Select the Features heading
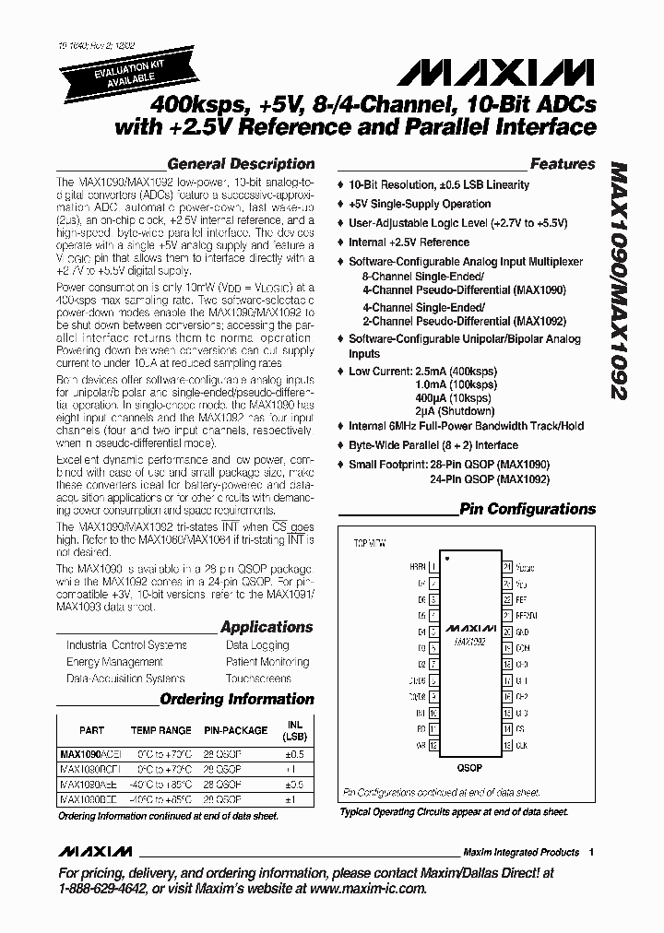tap(563, 164)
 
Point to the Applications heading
tap(267, 627)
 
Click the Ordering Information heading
tap(237, 699)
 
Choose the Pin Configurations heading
tap(528, 509)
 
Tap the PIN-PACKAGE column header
tap(236, 730)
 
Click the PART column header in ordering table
tap(92, 730)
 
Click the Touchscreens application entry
tap(258, 679)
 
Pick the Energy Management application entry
tap(114, 662)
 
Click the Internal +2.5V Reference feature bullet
tap(409, 242)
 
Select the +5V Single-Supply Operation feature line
tap(420, 204)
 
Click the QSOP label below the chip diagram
tap(469, 767)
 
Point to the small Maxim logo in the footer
tap(92, 852)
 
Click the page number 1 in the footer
tap(591, 852)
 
